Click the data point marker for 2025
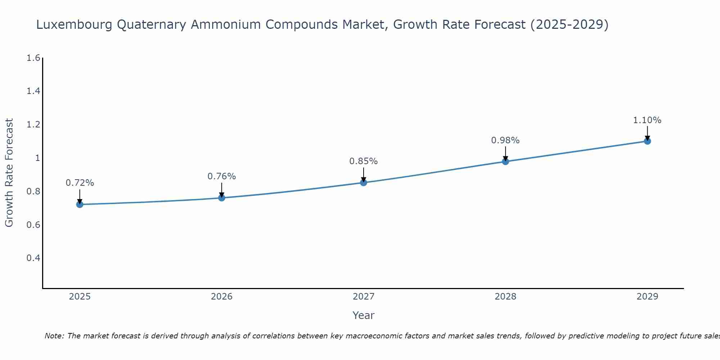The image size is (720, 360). [x=80, y=204]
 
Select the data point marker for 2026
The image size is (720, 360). [x=222, y=198]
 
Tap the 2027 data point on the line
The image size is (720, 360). [x=364, y=183]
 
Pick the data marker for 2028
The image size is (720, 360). [x=505, y=161]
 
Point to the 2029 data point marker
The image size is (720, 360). [x=647, y=141]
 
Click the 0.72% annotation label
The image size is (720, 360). [x=80, y=183]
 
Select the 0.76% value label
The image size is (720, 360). [x=222, y=176]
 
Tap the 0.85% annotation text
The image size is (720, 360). [x=364, y=161]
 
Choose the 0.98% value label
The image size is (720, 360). [x=505, y=140]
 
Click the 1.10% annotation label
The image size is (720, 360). [x=647, y=120]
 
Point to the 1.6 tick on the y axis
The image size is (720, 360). [x=33, y=58]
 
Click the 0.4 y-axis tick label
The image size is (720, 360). [x=33, y=258]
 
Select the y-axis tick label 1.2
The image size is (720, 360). [x=33, y=125]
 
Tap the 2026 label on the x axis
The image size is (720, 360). [x=222, y=297]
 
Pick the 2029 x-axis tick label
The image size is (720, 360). [x=647, y=297]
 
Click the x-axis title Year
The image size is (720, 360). [x=364, y=315]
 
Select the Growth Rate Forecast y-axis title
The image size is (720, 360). [x=9, y=173]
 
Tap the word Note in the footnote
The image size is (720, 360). [x=54, y=336]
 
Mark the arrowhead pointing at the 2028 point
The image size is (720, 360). [x=505, y=158]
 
